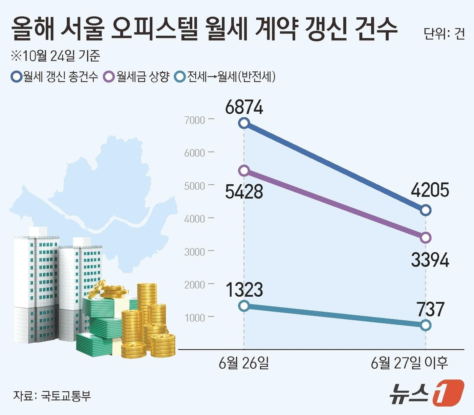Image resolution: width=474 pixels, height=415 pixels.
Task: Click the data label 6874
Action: pos(244,107)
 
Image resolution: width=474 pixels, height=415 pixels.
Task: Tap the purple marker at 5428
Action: pos(244,170)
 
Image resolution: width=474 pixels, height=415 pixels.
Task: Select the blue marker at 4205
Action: pos(426,210)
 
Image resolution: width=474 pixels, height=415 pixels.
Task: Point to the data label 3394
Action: pos(430,260)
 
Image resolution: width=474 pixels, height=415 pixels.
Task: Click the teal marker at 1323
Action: pos(244,306)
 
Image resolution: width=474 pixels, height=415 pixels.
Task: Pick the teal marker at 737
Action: pos(426,325)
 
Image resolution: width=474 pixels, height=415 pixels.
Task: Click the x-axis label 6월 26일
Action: pos(244,363)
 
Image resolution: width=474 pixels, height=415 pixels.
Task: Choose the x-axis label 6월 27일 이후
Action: pos(409,363)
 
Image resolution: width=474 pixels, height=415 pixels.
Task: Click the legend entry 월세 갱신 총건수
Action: pos(55,77)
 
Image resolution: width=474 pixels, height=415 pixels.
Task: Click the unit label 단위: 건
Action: pos(444,34)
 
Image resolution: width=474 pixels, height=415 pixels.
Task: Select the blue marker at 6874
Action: pos(244,123)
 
